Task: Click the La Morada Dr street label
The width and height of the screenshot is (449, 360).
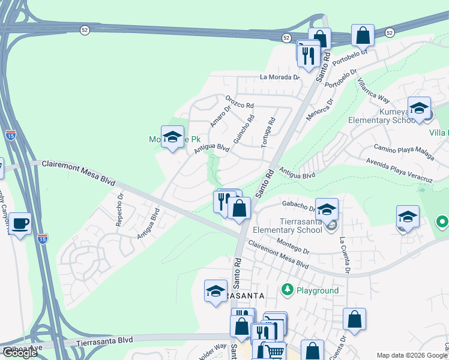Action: [x=279, y=77]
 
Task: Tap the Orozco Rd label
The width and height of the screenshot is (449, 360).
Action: [x=239, y=101]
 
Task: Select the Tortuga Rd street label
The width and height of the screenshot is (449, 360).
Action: [x=268, y=129]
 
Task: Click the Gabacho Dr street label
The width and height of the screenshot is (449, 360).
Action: [x=294, y=206]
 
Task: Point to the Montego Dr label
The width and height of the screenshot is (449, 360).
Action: [x=294, y=246]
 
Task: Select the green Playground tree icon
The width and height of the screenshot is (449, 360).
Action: [x=287, y=290]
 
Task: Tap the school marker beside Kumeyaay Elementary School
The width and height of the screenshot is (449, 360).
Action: [x=419, y=109]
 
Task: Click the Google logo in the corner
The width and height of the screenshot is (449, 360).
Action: [x=20, y=353]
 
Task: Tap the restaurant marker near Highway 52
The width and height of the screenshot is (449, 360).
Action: [x=308, y=55]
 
